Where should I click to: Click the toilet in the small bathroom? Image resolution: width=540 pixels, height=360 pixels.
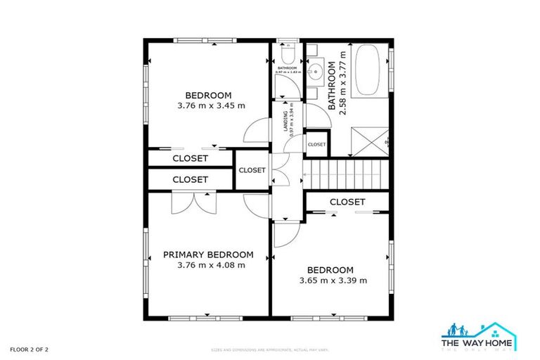pos(286,55)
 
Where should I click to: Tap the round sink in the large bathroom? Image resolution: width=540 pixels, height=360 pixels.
pos(316,70)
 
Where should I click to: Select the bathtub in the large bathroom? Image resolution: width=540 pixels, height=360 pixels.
pos(368,70)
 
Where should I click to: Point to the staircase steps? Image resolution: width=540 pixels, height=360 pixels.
pos(345,173)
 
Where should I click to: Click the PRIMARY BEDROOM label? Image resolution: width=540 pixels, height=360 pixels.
pos(208,255)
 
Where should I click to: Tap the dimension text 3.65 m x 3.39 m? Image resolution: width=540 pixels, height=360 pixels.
pos(330,281)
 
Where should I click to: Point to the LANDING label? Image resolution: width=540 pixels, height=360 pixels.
pos(284,116)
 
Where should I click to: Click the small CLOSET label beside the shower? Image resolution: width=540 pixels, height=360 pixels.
pos(316,144)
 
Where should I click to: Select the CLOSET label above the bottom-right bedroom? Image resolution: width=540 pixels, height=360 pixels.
pos(347,202)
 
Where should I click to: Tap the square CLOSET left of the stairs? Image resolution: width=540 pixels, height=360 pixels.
pos(252,170)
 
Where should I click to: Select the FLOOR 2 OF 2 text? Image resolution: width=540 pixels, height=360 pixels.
pos(29,349)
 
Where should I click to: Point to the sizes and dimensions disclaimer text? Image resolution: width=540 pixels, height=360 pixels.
pos(270,349)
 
